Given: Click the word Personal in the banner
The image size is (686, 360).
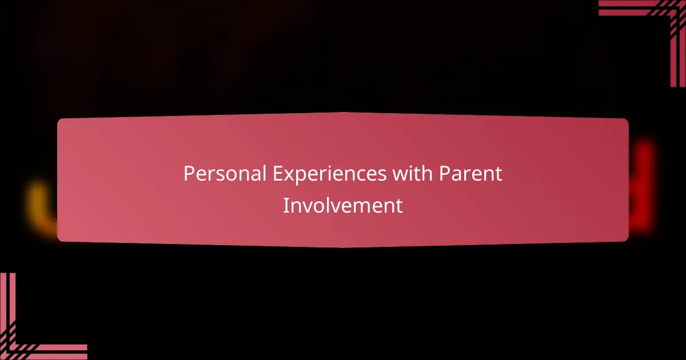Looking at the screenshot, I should click(x=225, y=174).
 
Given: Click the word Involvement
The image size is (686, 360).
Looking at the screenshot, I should click(x=343, y=205).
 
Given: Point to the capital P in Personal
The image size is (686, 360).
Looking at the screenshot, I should click(x=188, y=174).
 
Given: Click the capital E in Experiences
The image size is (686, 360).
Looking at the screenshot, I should click(x=276, y=174).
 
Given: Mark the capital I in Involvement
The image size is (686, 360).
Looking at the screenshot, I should click(x=286, y=205).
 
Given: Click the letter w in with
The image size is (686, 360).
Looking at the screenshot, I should click(x=398, y=175).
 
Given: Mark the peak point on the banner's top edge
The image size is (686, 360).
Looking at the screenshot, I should click(x=343, y=113).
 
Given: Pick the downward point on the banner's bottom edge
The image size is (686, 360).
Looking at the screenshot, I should click(x=343, y=247).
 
